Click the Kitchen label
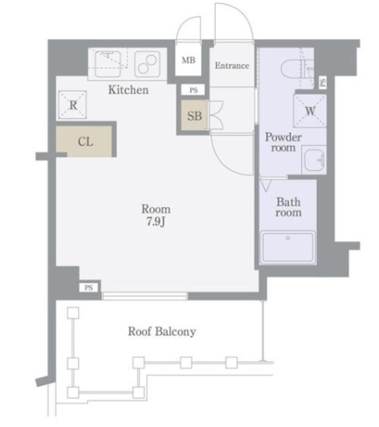click(x=129, y=90)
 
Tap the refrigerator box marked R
click(x=73, y=105)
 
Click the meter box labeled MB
click(x=188, y=60)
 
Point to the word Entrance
click(x=232, y=65)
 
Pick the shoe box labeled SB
click(x=194, y=115)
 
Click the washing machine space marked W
click(x=310, y=111)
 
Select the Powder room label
click(x=284, y=142)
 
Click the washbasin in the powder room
click(x=314, y=160)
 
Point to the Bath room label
click(x=289, y=207)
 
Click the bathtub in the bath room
click(x=288, y=248)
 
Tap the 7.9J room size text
click(x=156, y=222)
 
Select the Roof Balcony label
click(x=162, y=332)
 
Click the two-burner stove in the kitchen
click(x=147, y=64)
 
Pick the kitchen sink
click(x=108, y=64)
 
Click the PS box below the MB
click(x=194, y=90)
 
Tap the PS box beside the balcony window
click(x=89, y=288)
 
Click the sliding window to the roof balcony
click(x=145, y=296)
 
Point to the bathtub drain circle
click(x=288, y=238)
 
